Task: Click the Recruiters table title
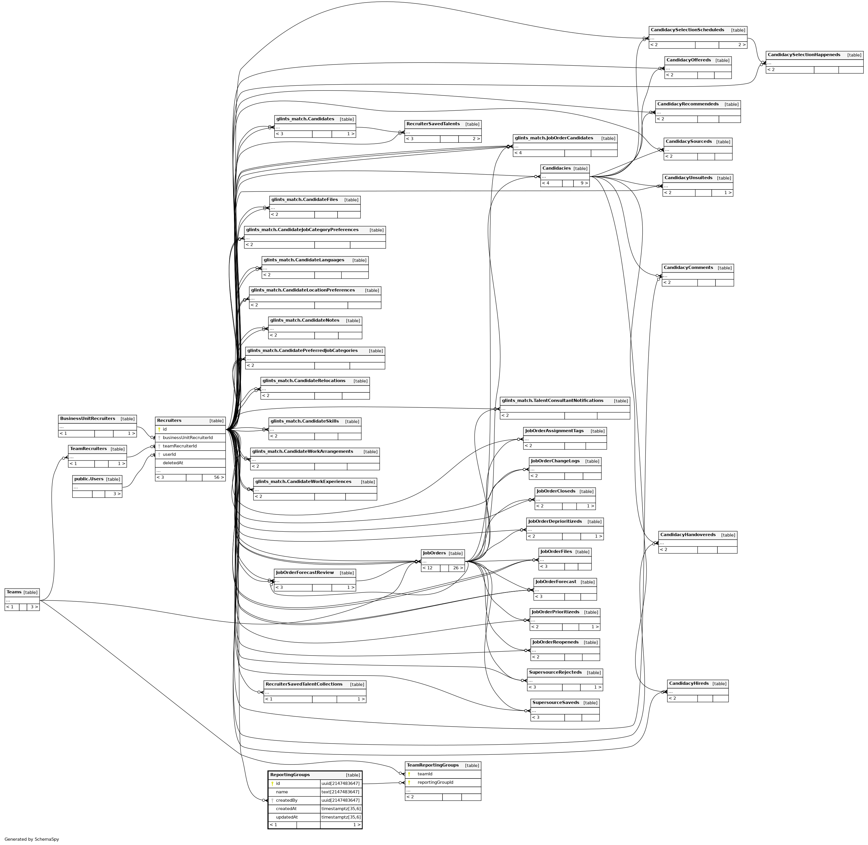click(x=169, y=420)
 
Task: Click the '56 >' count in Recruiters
click(x=219, y=478)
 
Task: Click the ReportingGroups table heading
click(x=290, y=774)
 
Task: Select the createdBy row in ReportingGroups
click(x=286, y=800)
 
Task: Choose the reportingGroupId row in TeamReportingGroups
click(x=435, y=783)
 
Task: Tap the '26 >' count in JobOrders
click(x=458, y=568)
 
